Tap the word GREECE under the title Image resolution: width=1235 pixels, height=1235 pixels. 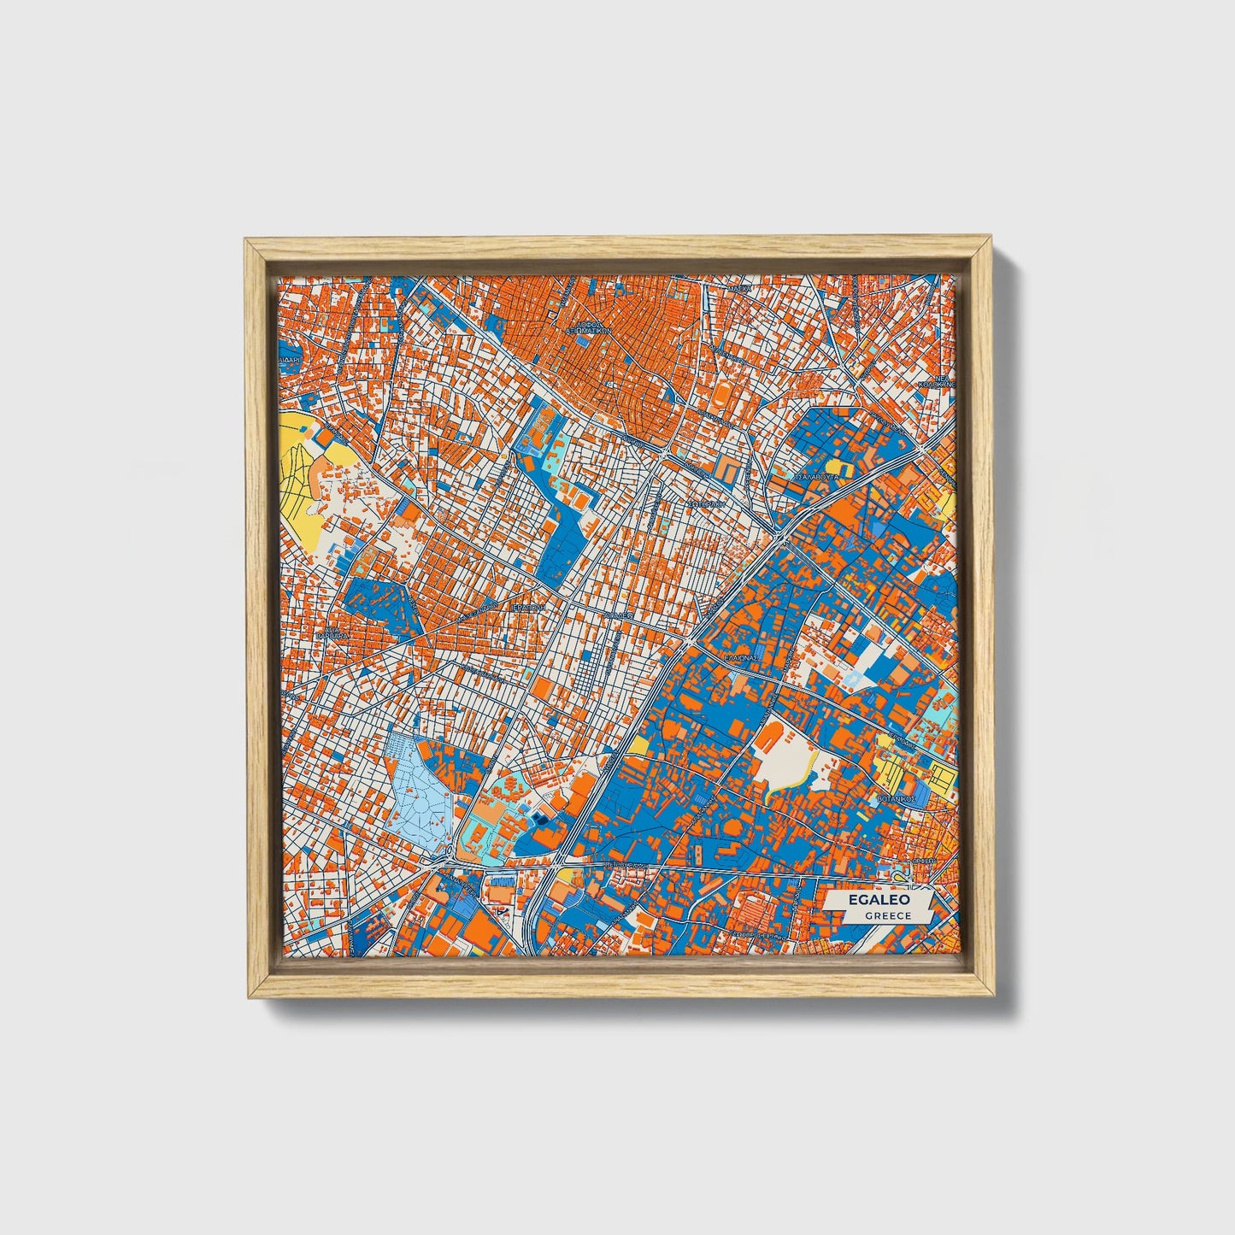tap(887, 915)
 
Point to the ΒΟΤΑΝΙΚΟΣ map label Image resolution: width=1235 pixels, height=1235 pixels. tap(897, 798)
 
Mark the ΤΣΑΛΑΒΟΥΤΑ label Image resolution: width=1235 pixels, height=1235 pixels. tap(817, 476)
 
